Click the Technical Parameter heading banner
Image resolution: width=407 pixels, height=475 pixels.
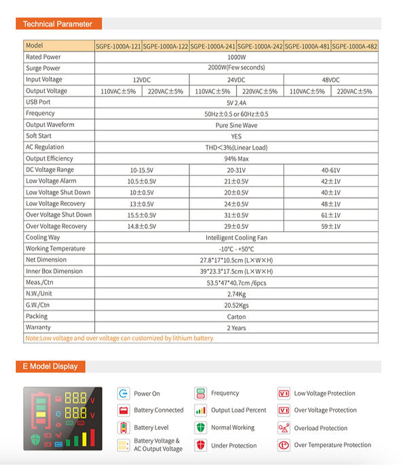[58, 24]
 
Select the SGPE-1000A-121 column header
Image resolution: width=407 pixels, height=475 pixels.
[118, 46]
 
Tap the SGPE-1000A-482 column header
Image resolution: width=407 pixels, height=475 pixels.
[354, 46]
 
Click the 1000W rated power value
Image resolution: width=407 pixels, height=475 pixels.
[236, 57]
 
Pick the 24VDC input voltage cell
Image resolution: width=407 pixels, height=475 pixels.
[236, 80]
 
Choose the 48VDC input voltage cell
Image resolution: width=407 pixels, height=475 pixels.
[330, 80]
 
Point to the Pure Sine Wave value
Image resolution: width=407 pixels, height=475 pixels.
[236, 125]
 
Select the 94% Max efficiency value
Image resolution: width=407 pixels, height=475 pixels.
[236, 158]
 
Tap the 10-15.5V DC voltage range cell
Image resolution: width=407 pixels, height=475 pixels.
[142, 170]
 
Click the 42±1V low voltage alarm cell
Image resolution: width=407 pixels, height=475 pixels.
[330, 181]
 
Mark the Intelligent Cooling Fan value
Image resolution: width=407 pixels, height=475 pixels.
[236, 238]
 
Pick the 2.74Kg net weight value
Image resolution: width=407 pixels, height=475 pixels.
[236, 294]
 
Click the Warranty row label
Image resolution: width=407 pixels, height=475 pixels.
[38, 328]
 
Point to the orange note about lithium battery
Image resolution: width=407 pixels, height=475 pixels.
[119, 338]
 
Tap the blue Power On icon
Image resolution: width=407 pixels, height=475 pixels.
[123, 393]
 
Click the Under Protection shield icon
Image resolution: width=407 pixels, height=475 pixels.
[200, 445]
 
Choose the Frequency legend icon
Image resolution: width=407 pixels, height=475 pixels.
[200, 393]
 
